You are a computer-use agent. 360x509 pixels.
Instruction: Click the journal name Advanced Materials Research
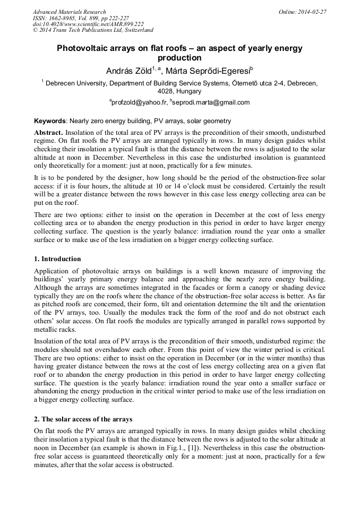pyautogui.click(x=69, y=12)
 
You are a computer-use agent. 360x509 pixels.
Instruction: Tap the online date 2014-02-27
pyautogui.click(x=311, y=12)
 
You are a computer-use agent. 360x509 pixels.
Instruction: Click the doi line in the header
pyautogui.click(x=88, y=24)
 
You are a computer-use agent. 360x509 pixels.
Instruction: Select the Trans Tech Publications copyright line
pyautogui.click(x=93, y=30)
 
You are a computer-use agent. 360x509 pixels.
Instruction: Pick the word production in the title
pyautogui.click(x=180, y=58)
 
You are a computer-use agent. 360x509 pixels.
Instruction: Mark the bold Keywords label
pyautogui.click(x=50, y=121)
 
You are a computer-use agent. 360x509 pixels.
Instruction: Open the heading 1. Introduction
pyautogui.click(x=57, y=259)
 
